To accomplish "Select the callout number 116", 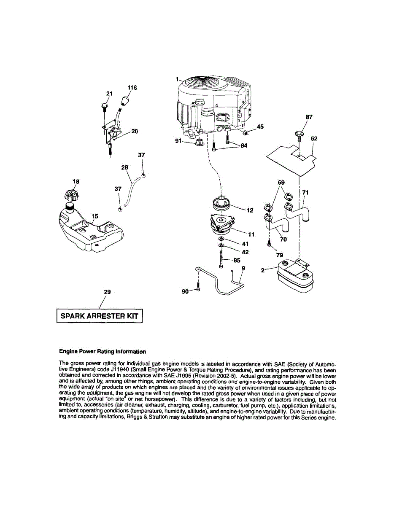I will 132,88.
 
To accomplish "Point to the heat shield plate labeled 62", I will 291,156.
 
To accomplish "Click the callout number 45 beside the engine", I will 260,126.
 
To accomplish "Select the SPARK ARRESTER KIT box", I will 100,316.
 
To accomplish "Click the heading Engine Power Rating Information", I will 103,351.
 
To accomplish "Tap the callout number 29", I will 107,292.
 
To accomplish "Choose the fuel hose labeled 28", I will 132,189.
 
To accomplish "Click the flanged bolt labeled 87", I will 299,135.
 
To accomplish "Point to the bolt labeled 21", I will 104,107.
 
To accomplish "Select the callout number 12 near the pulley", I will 250,210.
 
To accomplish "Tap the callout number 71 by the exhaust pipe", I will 306,193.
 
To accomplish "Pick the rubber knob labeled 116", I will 125,101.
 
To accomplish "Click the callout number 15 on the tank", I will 95,216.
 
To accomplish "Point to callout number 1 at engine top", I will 178,79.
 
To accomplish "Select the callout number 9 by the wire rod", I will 243,268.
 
